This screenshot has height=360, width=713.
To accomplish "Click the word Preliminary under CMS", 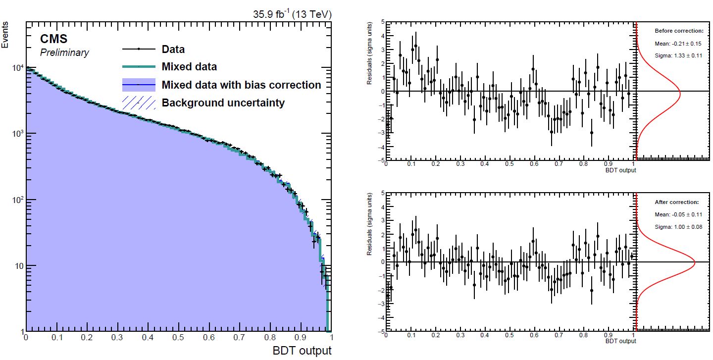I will coord(64,52).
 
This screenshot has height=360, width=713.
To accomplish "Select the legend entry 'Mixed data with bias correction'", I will coord(241,85).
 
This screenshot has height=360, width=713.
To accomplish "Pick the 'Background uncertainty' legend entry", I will coord(223,103).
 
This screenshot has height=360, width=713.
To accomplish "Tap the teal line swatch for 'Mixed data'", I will coord(139,67).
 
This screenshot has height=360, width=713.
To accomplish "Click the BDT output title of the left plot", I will coord(302,351).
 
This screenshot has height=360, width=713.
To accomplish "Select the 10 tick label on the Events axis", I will coord(17,266).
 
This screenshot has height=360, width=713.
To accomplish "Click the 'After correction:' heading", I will coord(676,202).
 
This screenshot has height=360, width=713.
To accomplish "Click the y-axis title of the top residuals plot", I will coord(369,64).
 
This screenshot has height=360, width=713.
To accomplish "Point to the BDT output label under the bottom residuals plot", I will coord(621,341).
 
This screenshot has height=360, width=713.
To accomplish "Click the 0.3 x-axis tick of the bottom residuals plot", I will coord(460,335).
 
